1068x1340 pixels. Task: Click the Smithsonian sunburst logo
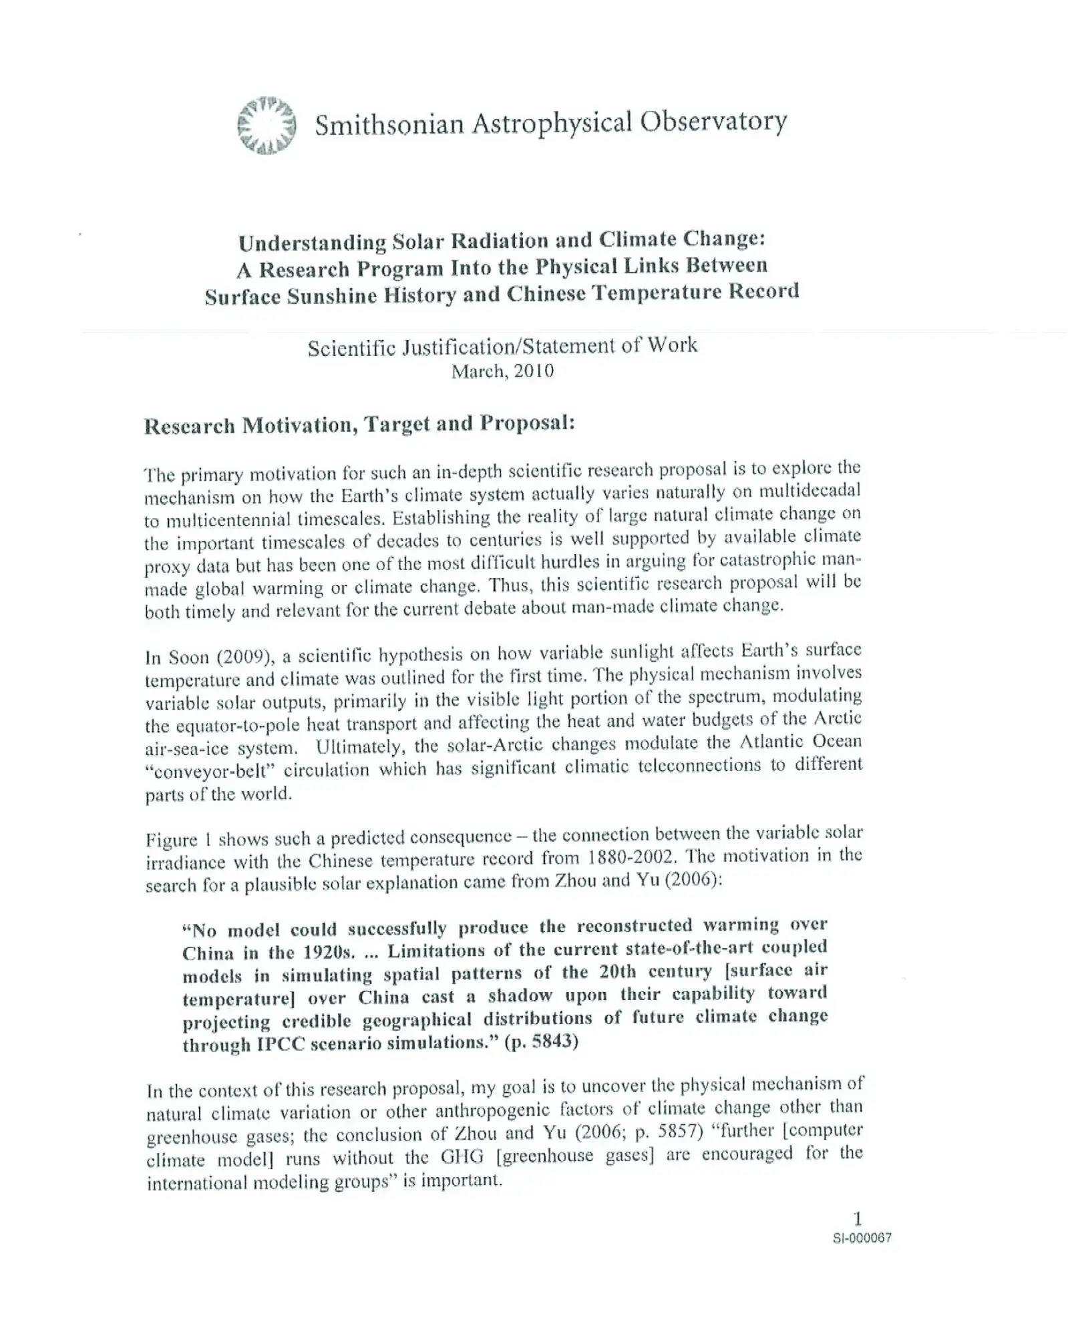click(x=266, y=126)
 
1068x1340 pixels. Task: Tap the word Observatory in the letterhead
click(x=713, y=122)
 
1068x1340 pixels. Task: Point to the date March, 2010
click(x=502, y=371)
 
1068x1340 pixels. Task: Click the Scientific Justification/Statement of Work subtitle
click(x=502, y=346)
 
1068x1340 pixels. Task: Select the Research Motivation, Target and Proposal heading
click(x=359, y=425)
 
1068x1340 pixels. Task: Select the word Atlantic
click(x=769, y=742)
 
